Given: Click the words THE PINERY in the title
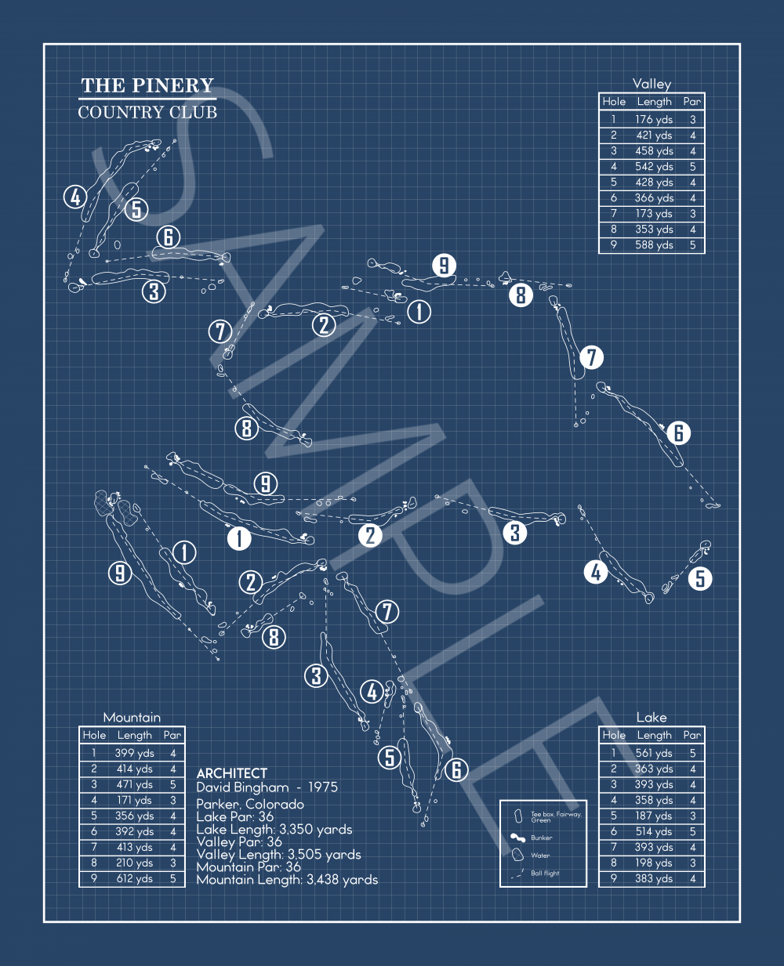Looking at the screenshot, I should pos(147,85).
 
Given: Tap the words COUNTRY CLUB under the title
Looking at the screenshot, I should pos(147,112).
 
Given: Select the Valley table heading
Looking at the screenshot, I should pos(652,84).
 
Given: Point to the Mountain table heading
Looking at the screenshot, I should pos(132,718).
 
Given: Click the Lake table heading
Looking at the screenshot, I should pos(652,718).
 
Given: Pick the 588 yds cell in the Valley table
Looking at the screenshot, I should pos(654,245).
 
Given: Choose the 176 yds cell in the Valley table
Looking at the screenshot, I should pos(654,120).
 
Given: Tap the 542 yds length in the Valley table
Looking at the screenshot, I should pos(654,167).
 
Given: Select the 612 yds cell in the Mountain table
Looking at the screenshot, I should pos(134,879).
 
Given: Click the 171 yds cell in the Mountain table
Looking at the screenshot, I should pos(134,801).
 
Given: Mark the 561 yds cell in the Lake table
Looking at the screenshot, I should pos(654,754).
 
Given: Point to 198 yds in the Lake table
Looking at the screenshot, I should pos(654,863).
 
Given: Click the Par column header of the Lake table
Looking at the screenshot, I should pos(691,735).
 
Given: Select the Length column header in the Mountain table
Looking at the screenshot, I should pos(134,735).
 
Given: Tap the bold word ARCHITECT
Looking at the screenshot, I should pos(231,773).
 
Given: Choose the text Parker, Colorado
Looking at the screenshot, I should pos(250,805).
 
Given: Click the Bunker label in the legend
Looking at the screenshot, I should pos(542,838).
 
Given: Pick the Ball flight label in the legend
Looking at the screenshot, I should pos(545,873).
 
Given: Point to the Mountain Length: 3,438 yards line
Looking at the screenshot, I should pos(287,880).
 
